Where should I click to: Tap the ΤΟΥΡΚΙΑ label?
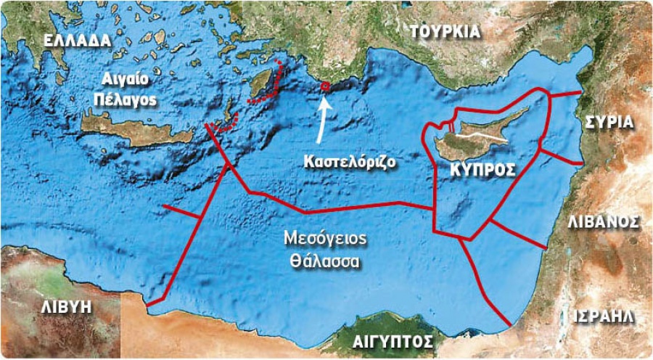coord(445,31)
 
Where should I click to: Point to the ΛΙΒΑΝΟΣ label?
coord(603,221)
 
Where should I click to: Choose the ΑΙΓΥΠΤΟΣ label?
coord(393,341)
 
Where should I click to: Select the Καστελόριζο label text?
coord(348,160)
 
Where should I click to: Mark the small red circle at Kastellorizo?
coord(325,86)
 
